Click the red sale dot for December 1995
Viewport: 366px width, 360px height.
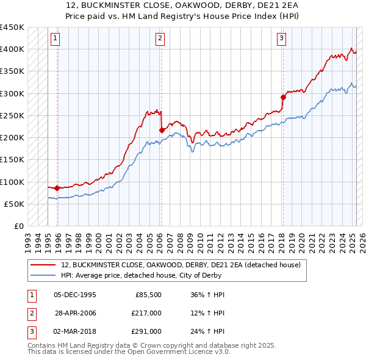click(57, 188)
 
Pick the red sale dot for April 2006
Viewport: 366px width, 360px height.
click(162, 130)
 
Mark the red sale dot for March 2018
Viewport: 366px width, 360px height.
click(283, 97)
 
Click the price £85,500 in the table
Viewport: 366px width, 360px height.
click(146, 295)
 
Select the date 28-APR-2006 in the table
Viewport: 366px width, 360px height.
click(75, 313)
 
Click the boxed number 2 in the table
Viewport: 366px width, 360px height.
click(32, 313)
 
